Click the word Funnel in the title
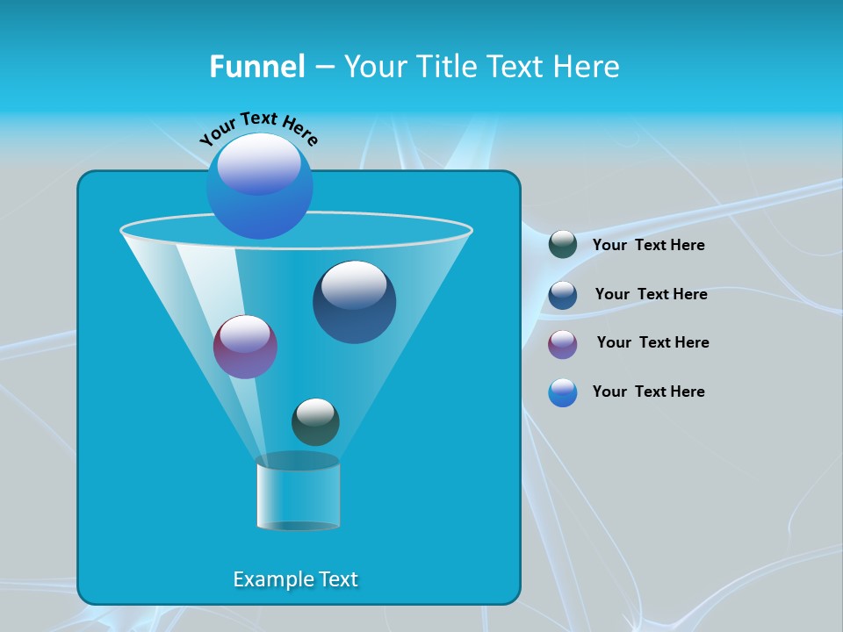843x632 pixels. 256,67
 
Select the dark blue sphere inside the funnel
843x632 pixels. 354,303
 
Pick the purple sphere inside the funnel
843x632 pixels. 245,348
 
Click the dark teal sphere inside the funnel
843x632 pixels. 315,422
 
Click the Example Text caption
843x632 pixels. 295,579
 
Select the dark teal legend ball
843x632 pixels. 563,245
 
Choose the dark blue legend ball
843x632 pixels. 563,294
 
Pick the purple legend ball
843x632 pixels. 563,343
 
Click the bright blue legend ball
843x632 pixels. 563,392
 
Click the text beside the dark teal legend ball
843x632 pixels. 648,245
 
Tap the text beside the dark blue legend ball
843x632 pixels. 651,294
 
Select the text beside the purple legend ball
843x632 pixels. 652,342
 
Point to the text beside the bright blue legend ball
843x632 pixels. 648,391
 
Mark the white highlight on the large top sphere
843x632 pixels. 258,164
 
